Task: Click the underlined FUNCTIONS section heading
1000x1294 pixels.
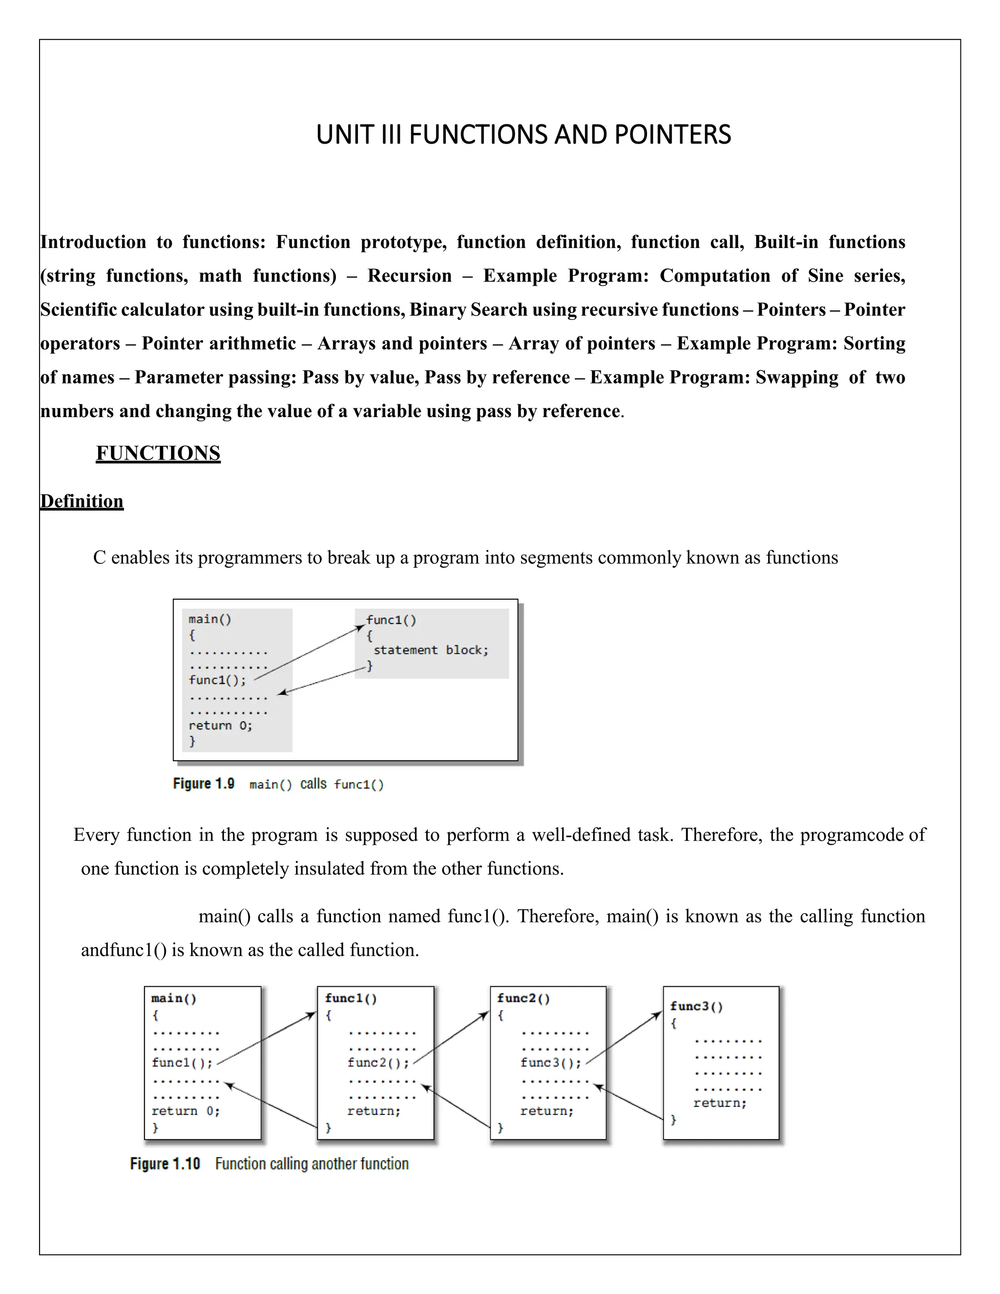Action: tap(158, 453)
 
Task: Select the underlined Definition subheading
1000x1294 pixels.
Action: tap(82, 501)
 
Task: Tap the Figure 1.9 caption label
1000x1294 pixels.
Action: tap(203, 784)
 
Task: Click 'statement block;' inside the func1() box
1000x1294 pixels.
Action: tap(431, 650)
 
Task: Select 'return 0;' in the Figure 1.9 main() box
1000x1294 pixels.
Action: tap(220, 725)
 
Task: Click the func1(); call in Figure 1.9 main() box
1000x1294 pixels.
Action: tap(217, 680)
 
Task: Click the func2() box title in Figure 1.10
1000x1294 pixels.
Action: tap(523, 999)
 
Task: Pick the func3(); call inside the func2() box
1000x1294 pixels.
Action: tap(550, 1063)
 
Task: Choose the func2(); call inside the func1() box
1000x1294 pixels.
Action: tap(378, 1063)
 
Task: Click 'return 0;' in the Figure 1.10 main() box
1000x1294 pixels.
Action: tap(186, 1111)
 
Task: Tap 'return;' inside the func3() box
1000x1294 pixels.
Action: tap(720, 1103)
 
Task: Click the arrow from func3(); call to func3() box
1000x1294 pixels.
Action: tap(623, 1038)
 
